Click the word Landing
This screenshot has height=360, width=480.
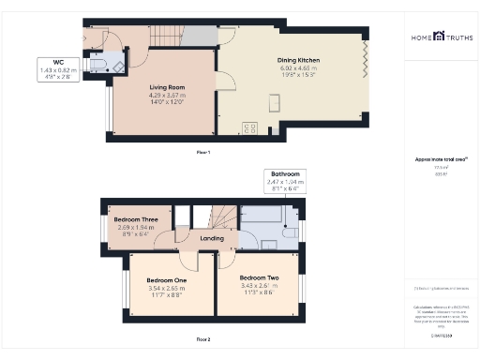click(x=214, y=238)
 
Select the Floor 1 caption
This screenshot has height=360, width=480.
click(x=202, y=152)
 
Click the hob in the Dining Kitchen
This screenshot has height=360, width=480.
click(x=249, y=128)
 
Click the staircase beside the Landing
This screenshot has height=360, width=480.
click(x=222, y=217)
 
